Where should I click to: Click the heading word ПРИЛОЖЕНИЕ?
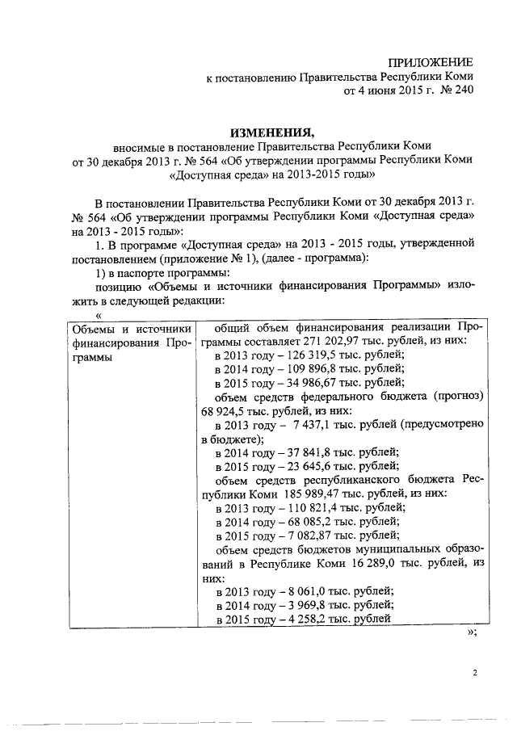pos(431,62)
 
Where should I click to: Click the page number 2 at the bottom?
pos(475,672)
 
